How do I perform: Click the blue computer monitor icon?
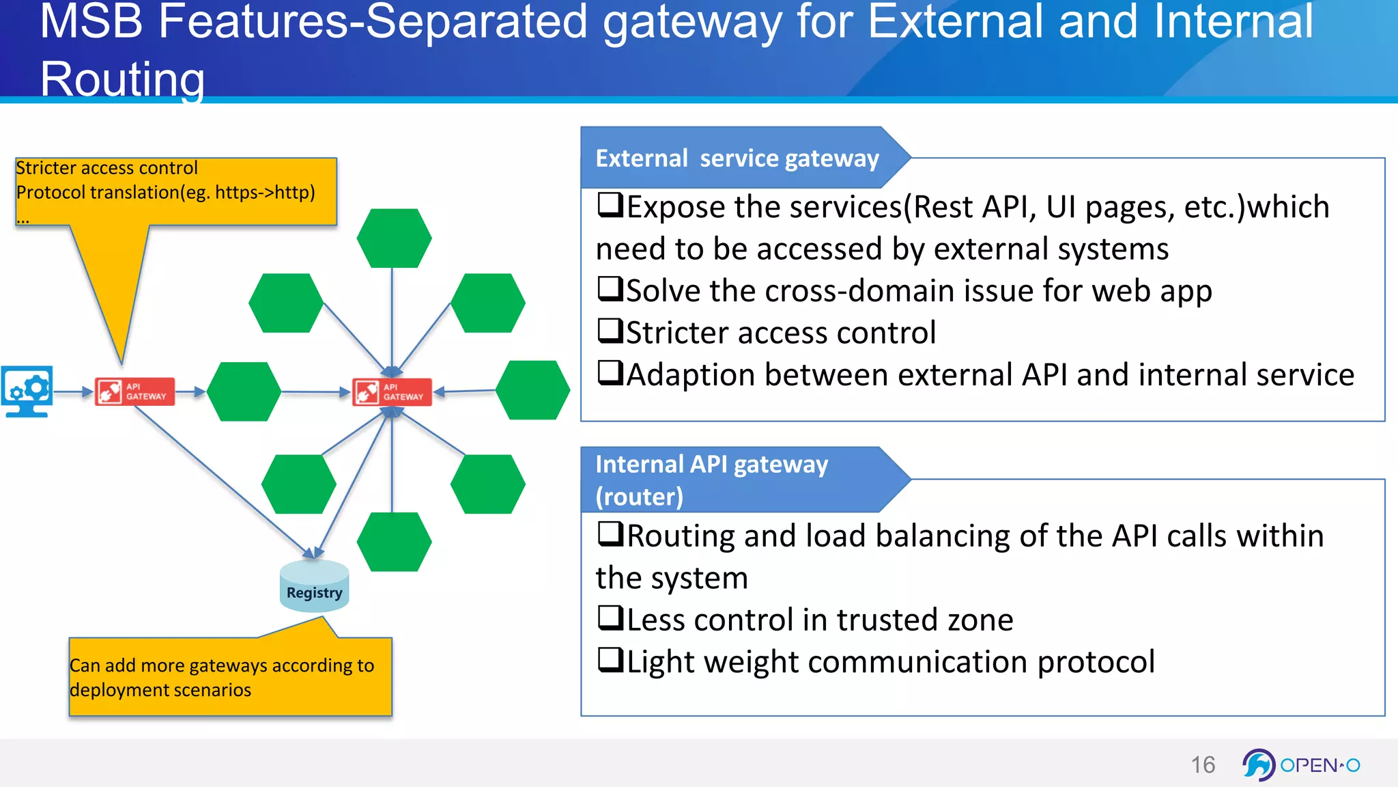(x=27, y=391)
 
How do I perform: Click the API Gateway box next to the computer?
(x=135, y=391)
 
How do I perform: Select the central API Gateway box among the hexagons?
(x=393, y=392)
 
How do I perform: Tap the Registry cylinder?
(x=314, y=586)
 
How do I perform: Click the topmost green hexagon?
(x=394, y=238)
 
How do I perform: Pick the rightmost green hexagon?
(x=532, y=390)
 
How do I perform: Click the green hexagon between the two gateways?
(x=244, y=391)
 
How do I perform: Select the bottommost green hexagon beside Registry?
(x=394, y=542)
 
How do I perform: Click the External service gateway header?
(x=737, y=158)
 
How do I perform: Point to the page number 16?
(x=1203, y=764)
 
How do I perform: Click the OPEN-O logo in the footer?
(x=1301, y=764)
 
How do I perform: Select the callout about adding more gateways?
(x=230, y=676)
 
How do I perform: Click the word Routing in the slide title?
(x=123, y=79)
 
